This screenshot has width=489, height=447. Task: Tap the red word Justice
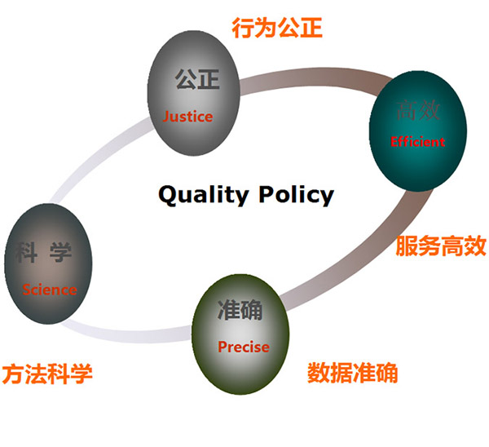[187, 116]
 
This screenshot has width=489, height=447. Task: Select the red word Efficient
[418, 141]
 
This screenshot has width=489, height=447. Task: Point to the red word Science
[50, 290]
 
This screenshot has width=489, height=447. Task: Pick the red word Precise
[243, 347]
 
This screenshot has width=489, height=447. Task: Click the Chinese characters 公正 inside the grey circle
[197, 80]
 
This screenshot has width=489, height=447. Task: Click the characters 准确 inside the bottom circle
[240, 310]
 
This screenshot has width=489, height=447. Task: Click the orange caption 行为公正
[277, 29]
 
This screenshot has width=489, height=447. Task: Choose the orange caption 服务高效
[440, 246]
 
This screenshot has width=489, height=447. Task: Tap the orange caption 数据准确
[352, 373]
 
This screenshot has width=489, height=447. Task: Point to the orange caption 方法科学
[46, 374]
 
